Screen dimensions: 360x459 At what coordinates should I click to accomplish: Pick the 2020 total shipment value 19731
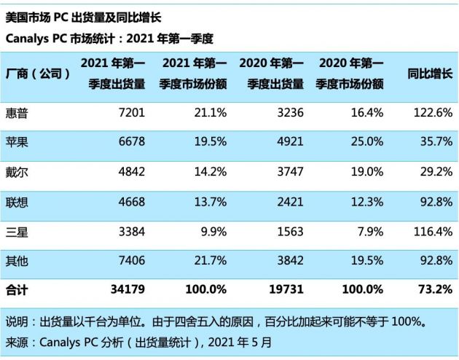click(285, 290)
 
